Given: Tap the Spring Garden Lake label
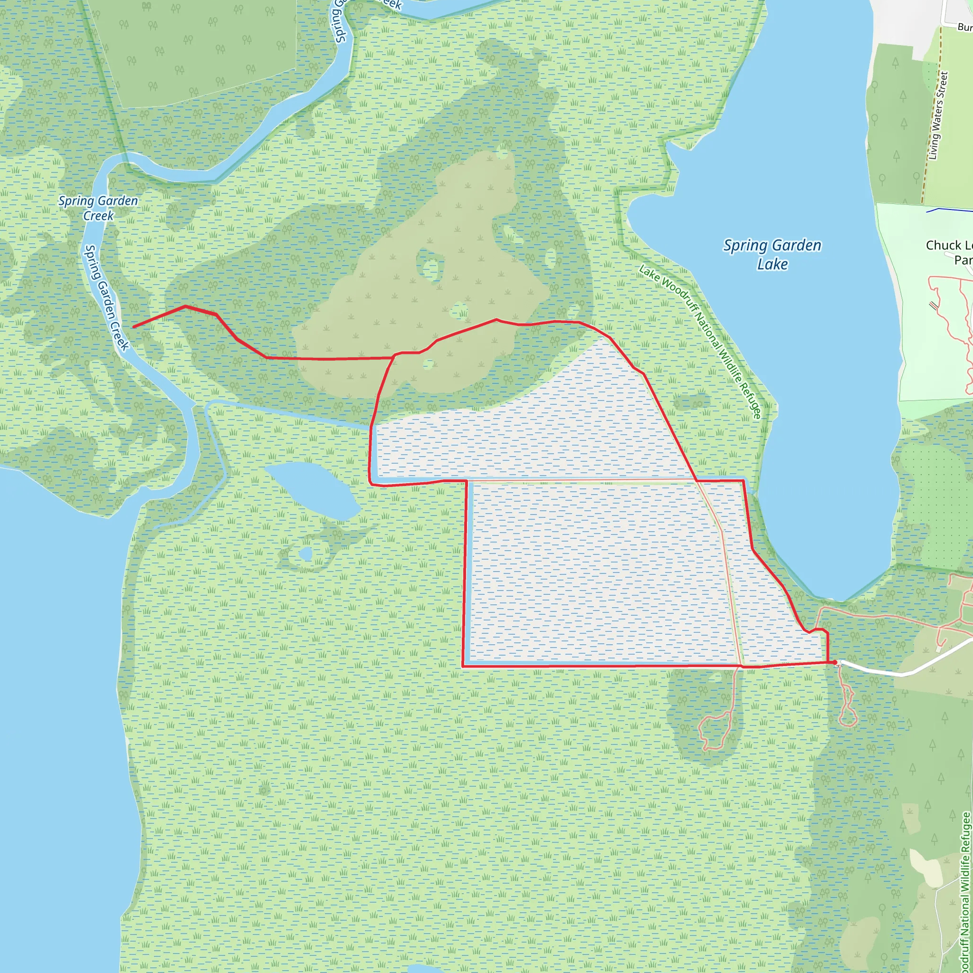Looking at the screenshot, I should coord(772,254).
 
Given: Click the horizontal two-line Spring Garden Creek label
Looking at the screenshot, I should coord(98,208).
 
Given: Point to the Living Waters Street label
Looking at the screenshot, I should coord(938,116).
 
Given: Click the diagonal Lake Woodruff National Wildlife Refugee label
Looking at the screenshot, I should coord(700,342).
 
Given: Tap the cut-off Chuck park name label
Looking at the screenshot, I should coord(949,252).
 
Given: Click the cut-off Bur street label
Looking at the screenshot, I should coord(964,27).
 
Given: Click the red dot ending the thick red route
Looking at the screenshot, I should coord(835,662).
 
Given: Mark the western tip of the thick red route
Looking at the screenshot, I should coord(134,327).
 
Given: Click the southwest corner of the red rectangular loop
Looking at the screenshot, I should coord(463,666).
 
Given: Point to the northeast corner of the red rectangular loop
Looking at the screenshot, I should coord(744,481).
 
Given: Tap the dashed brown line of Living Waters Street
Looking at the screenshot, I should coord(932,131).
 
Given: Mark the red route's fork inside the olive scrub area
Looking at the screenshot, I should coord(394,355).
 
